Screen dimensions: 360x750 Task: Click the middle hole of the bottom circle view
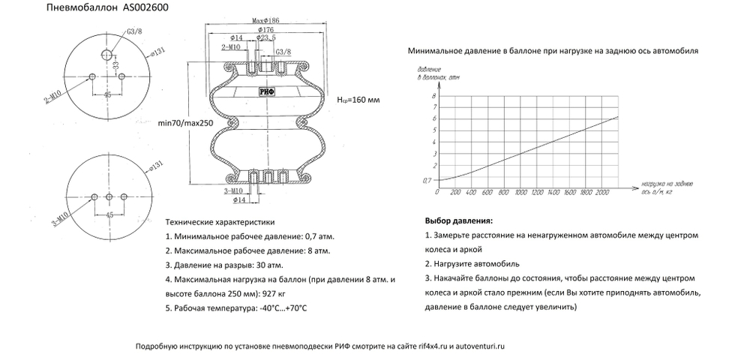109,196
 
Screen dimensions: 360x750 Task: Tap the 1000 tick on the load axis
519,193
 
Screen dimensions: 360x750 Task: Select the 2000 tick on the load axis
601,193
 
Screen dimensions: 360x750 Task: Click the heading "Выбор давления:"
459,223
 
